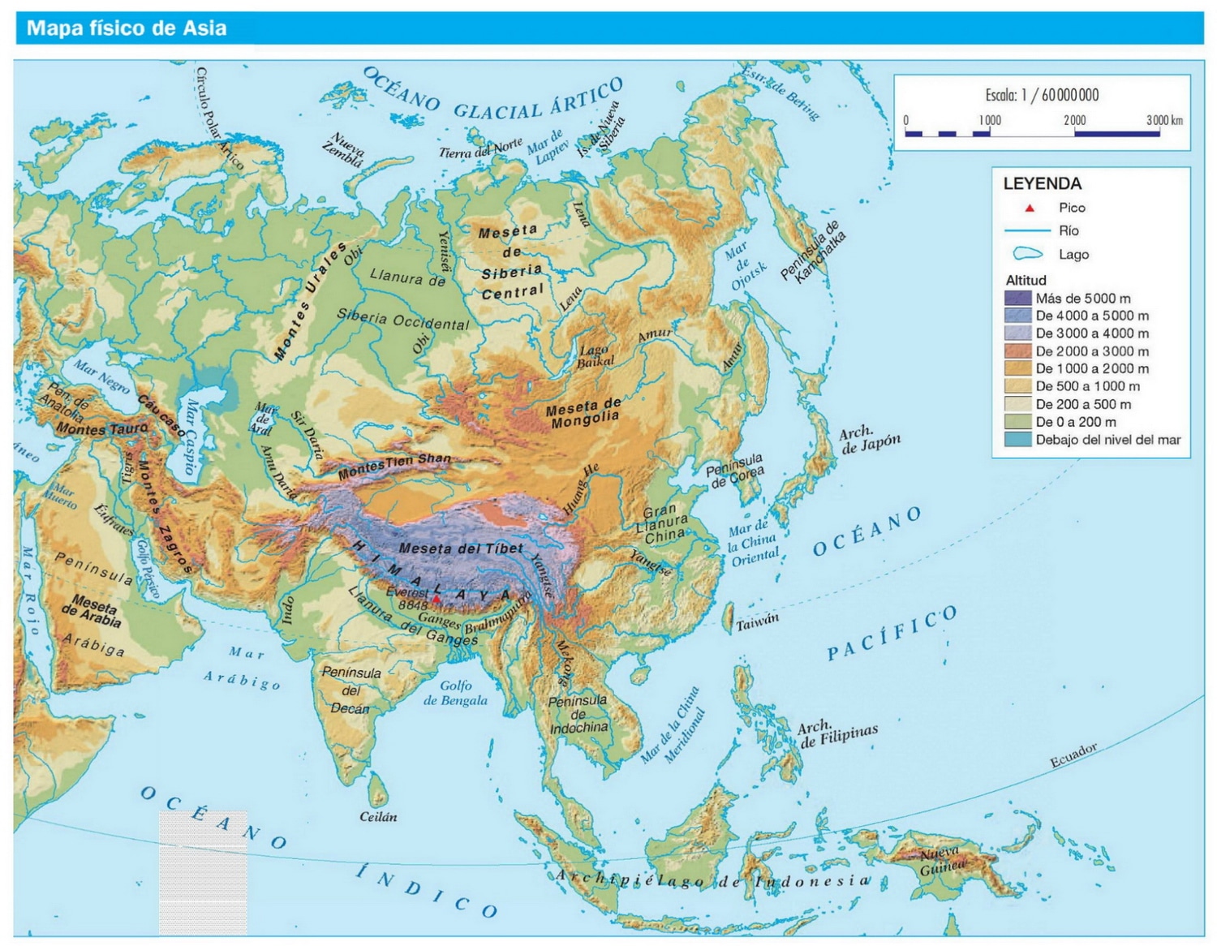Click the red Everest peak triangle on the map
pyautogui.click(x=436, y=600)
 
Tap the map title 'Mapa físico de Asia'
pyautogui.click(x=127, y=28)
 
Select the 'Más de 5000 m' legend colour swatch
pyautogui.click(x=1017, y=298)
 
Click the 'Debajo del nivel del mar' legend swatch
pyautogui.click(x=1017, y=440)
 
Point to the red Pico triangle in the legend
pyautogui.click(x=1030, y=209)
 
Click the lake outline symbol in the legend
pyautogui.click(x=1027, y=254)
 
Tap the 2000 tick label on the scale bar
pyautogui.click(x=1074, y=120)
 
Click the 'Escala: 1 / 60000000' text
pyautogui.click(x=1042, y=95)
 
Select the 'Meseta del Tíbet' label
pyautogui.click(x=461, y=548)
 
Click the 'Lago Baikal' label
pyautogui.click(x=595, y=355)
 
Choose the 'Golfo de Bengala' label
pyautogui.click(x=455, y=693)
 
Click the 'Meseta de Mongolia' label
pyautogui.click(x=584, y=412)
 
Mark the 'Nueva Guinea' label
pyautogui.click(x=940, y=861)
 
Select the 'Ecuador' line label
pyautogui.click(x=1073, y=755)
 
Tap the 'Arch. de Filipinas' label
pyautogui.click(x=837, y=734)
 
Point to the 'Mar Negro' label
pyautogui.click(x=101, y=376)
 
